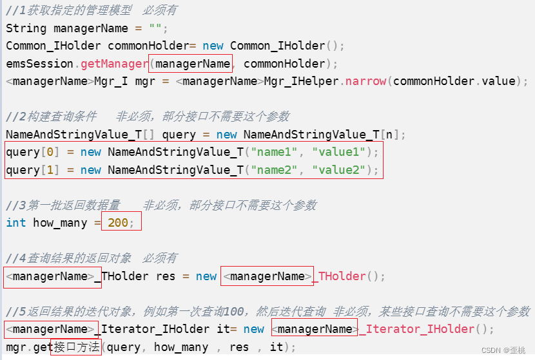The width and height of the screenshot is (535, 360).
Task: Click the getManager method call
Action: (x=114, y=64)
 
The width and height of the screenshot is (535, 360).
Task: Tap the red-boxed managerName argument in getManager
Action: (x=192, y=64)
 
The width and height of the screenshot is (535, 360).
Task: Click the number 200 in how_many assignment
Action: (x=118, y=223)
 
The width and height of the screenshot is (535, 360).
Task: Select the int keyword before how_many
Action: (x=16, y=223)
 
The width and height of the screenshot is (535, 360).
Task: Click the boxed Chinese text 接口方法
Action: (x=76, y=347)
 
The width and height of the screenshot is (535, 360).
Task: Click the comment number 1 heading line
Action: (x=91, y=10)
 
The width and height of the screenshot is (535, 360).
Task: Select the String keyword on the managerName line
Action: (x=26, y=28)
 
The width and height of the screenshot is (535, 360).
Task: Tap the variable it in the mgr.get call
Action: (x=275, y=347)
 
